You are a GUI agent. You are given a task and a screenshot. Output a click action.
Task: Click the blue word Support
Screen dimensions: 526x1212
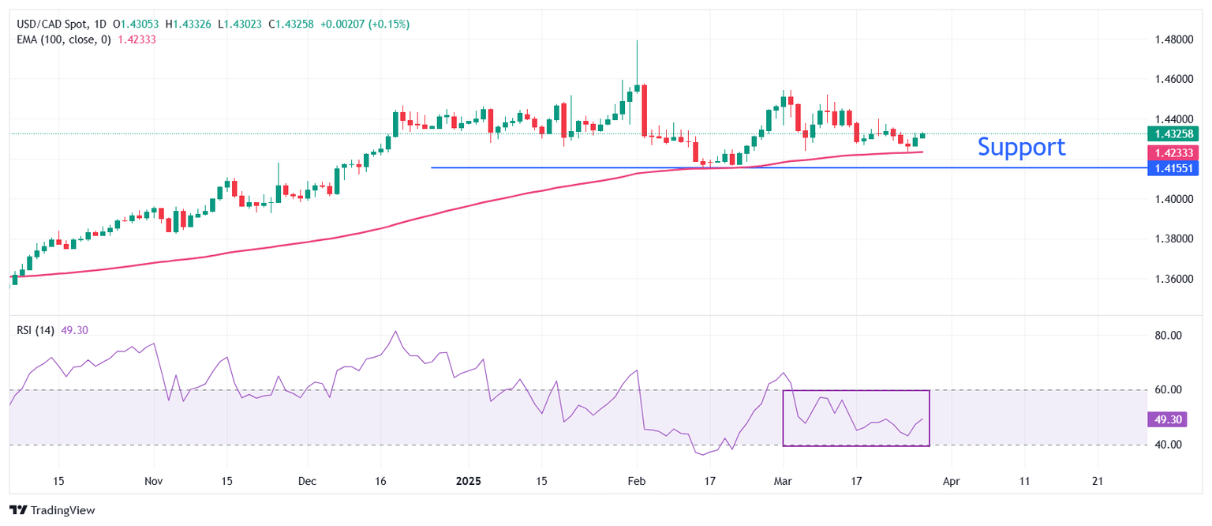pyautogui.click(x=1021, y=147)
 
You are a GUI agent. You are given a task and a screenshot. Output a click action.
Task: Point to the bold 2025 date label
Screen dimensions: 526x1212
pyautogui.click(x=469, y=480)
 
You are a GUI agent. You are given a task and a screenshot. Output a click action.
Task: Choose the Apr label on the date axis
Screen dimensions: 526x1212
pyautogui.click(x=952, y=480)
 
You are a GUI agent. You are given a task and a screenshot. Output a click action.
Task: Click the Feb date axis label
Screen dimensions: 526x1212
pyautogui.click(x=636, y=480)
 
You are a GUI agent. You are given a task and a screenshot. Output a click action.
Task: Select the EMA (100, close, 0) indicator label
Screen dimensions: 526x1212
pyautogui.click(x=64, y=39)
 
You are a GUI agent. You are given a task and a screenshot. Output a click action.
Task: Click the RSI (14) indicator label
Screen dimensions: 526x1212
pyautogui.click(x=36, y=330)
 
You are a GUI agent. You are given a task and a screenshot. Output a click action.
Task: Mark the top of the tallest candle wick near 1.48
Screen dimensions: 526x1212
pyautogui.click(x=637, y=40)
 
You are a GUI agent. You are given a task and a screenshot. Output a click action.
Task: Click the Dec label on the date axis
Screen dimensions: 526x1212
pyautogui.click(x=308, y=480)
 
